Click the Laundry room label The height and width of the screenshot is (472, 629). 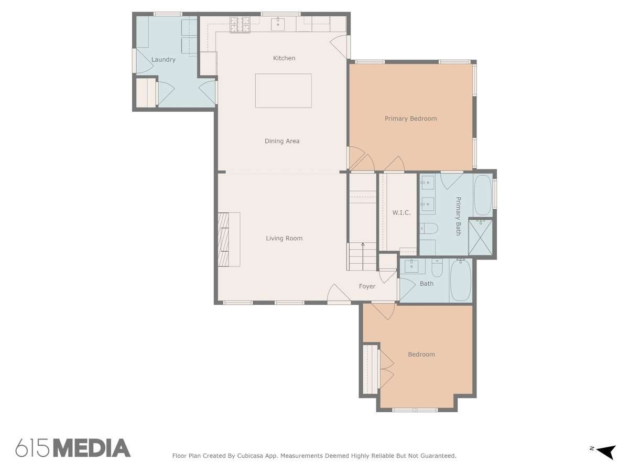[163, 60]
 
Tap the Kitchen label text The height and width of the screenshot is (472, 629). [284, 58]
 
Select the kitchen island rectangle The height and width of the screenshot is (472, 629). [283, 91]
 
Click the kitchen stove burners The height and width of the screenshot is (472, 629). [240, 24]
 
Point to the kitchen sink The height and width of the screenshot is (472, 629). [278, 24]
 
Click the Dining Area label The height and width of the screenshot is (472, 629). [282, 141]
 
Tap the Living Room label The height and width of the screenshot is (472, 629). [284, 238]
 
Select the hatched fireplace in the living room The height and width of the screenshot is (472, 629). [223, 239]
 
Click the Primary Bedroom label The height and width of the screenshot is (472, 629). [410, 119]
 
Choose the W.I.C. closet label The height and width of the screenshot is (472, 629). [401, 212]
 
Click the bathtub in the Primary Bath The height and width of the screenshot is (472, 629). [483, 195]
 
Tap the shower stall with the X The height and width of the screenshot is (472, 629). [480, 237]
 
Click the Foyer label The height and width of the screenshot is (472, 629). [367, 286]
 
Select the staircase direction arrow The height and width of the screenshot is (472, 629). [363, 256]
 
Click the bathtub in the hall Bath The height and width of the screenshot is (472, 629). [461, 280]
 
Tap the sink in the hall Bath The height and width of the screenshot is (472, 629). [411, 266]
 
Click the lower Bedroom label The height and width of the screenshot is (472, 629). [421, 355]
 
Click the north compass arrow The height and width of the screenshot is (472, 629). [606, 452]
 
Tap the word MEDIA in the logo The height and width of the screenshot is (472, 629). [92, 448]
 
